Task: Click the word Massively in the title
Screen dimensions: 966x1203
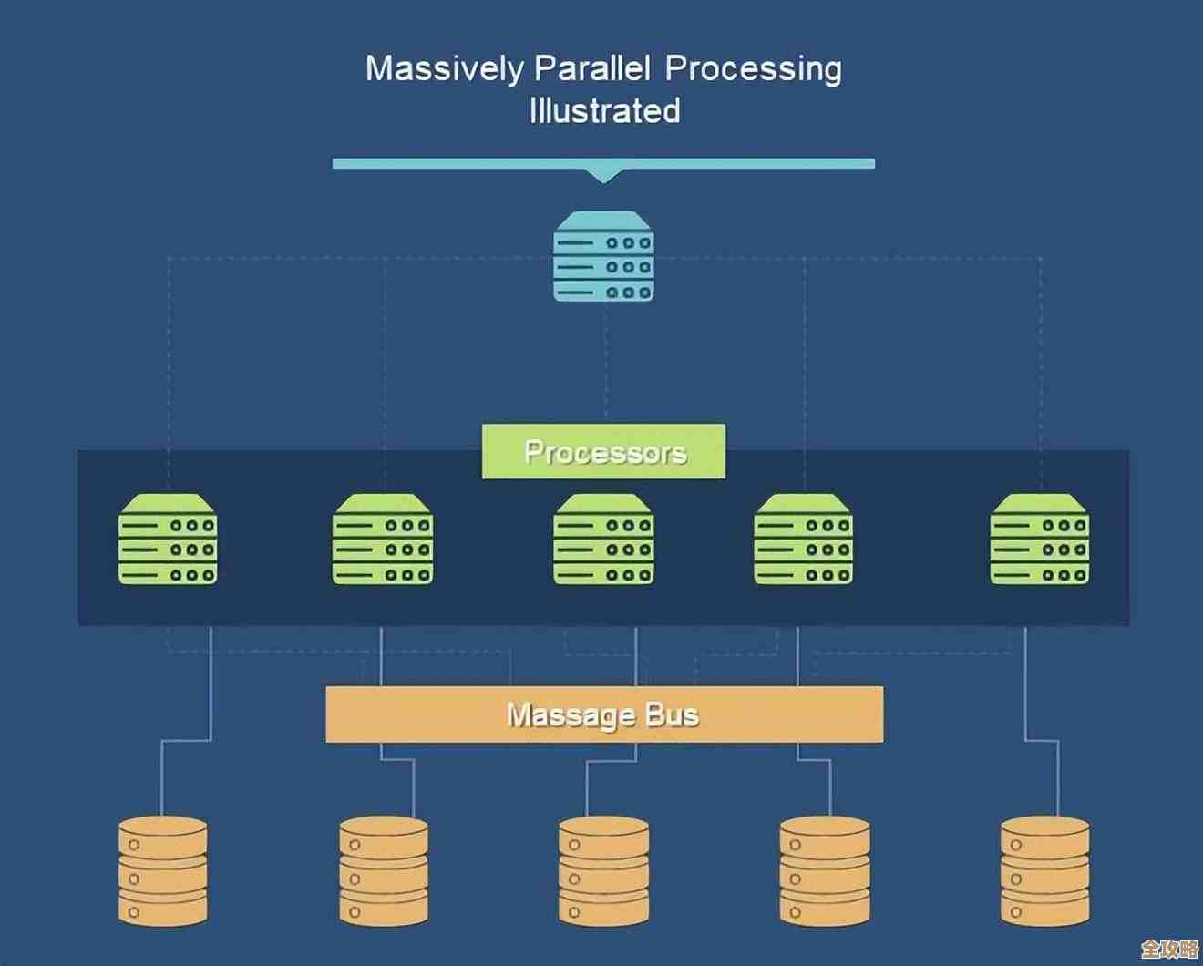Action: pyautogui.click(x=444, y=69)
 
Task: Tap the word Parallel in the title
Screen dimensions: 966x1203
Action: pyautogui.click(x=592, y=68)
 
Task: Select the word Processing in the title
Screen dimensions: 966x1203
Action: pyautogui.click(x=753, y=69)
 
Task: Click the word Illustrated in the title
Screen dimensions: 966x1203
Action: pyautogui.click(x=604, y=111)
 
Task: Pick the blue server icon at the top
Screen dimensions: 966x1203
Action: pyautogui.click(x=603, y=256)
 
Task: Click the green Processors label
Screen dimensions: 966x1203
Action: pyautogui.click(x=603, y=451)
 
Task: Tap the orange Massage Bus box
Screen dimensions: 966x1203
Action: pyautogui.click(x=604, y=714)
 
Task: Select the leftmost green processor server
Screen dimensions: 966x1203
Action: pyautogui.click(x=168, y=539)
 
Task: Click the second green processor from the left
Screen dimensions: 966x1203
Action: pyautogui.click(x=383, y=539)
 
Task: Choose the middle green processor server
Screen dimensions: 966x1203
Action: pyautogui.click(x=603, y=539)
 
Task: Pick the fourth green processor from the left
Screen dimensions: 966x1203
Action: pyautogui.click(x=803, y=539)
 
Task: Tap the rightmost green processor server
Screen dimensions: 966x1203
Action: pyautogui.click(x=1040, y=539)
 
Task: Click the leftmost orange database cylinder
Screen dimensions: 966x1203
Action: pyautogui.click(x=163, y=871)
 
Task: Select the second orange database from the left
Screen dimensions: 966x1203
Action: pyautogui.click(x=384, y=871)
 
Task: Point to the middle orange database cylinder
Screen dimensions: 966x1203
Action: pyautogui.click(x=603, y=871)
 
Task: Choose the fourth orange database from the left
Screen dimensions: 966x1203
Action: pyautogui.click(x=825, y=871)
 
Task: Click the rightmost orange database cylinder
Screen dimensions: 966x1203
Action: pyautogui.click(x=1044, y=871)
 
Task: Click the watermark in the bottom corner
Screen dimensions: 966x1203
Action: pyautogui.click(x=1168, y=949)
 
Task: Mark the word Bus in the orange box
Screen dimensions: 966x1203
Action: pyautogui.click(x=672, y=714)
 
